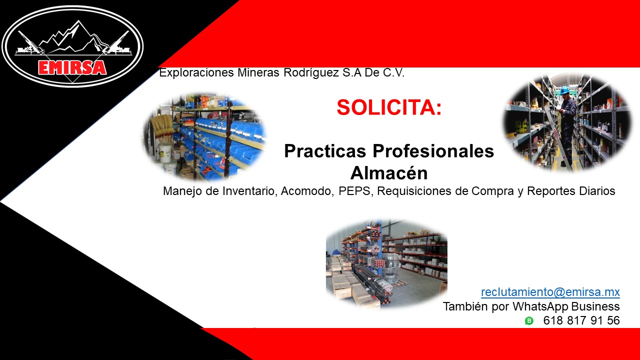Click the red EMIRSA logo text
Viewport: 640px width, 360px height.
point(72,67)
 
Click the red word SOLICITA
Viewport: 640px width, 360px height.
point(389,107)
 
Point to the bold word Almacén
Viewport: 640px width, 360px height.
point(389,172)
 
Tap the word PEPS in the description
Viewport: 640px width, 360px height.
point(354,191)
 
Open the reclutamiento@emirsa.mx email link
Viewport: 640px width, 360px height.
point(550,292)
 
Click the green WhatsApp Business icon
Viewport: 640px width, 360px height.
point(529,321)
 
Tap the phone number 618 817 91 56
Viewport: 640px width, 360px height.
point(581,320)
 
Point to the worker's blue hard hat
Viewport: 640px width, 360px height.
point(564,90)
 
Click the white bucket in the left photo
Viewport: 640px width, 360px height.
point(165,152)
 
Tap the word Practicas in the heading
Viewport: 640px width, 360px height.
point(325,151)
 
